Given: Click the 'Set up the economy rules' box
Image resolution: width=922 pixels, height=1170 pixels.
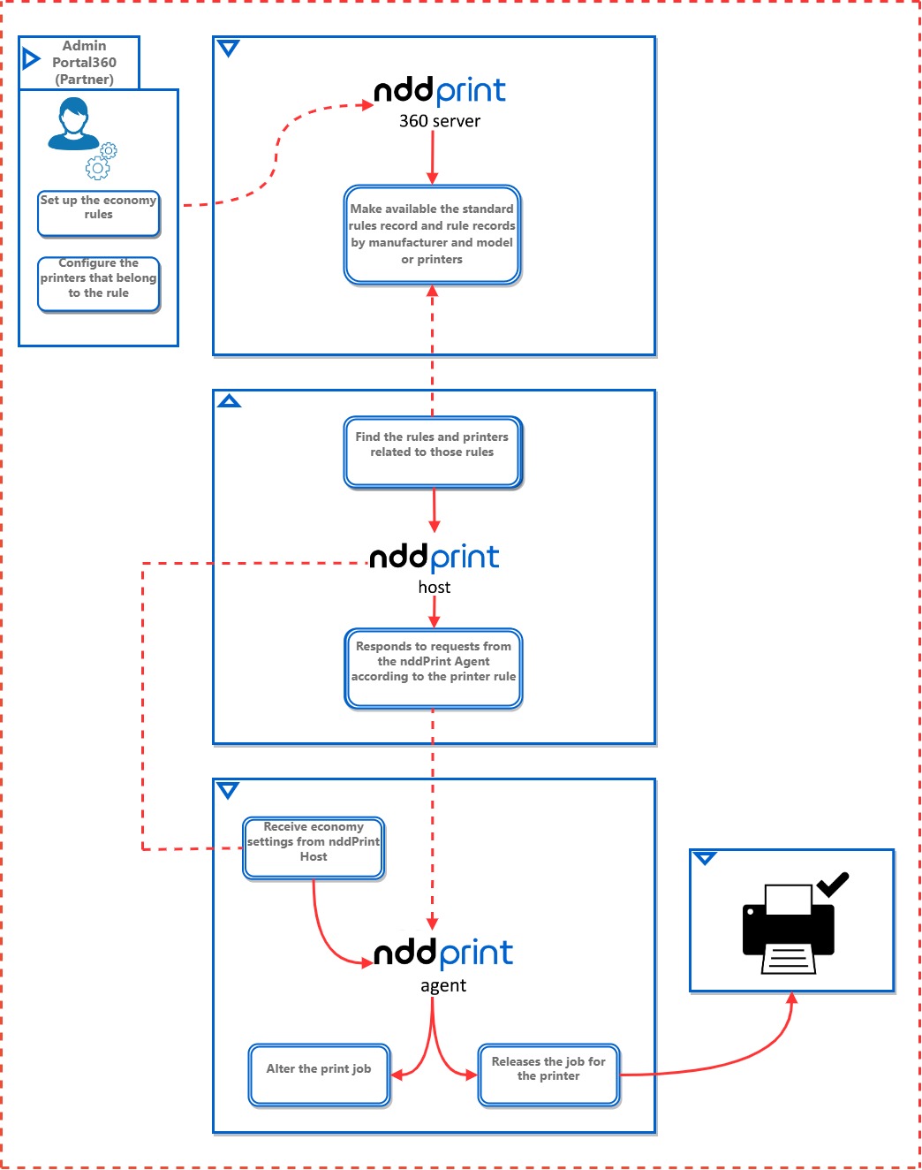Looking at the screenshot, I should (98, 214).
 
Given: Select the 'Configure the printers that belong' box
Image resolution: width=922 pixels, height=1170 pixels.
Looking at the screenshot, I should (98, 284).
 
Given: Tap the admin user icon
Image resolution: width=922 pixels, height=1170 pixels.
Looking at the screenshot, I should (73, 124).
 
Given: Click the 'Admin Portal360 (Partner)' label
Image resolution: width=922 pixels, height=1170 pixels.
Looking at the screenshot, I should (84, 63).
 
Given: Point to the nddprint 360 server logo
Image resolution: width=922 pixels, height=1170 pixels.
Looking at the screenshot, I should (440, 91).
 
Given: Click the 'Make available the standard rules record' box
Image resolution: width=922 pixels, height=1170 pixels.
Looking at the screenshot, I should (432, 235).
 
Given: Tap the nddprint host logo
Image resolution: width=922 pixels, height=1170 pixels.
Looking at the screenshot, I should (434, 557).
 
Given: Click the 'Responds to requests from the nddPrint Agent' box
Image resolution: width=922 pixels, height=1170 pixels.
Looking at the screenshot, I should (434, 668).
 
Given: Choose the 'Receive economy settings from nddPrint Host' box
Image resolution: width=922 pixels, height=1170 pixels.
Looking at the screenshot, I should (314, 847).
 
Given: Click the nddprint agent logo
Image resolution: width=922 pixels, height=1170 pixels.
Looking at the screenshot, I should (443, 953).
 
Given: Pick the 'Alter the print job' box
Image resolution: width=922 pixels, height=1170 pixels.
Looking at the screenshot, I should (319, 1075).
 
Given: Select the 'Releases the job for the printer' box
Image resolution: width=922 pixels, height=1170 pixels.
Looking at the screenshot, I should (548, 1075).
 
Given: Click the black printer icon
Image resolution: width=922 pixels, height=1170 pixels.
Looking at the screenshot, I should (788, 931).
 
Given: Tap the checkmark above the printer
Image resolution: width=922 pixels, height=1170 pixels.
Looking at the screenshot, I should (832, 884).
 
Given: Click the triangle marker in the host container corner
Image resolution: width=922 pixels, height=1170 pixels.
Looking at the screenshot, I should (230, 402).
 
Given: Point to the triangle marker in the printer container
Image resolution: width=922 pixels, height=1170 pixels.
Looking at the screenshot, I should (705, 858).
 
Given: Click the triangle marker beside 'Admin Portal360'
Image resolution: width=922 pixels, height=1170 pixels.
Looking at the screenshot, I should (31, 59).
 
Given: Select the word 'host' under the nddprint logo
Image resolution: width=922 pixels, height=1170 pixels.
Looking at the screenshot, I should (434, 588).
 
